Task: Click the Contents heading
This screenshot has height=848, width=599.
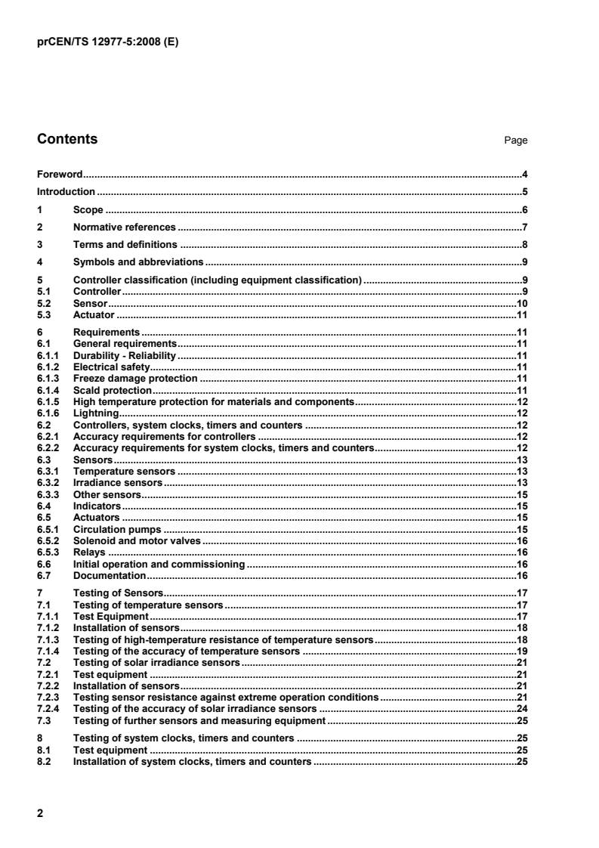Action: pyautogui.click(x=67, y=139)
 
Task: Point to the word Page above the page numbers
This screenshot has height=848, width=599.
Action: pyautogui.click(x=517, y=141)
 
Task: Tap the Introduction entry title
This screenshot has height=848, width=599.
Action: pyautogui.click(x=66, y=192)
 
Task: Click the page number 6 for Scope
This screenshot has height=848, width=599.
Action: pyautogui.click(x=524, y=209)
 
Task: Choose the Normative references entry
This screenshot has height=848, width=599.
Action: pyautogui.click(x=124, y=227)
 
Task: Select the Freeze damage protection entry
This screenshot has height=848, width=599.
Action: pyautogui.click(x=134, y=377)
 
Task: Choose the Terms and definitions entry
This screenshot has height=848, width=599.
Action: pyautogui.click(x=125, y=244)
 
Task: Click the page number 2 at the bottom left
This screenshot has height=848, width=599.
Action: pyautogui.click(x=40, y=813)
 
